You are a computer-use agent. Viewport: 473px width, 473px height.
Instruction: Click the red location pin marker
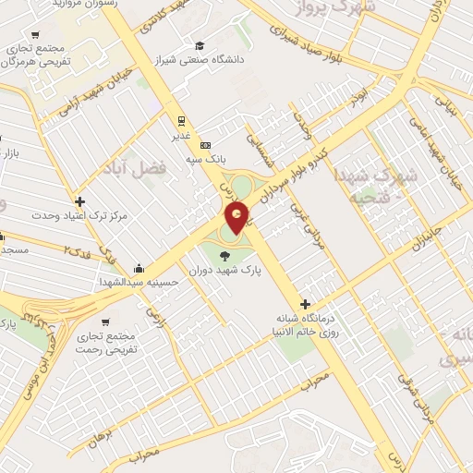[x=237, y=218]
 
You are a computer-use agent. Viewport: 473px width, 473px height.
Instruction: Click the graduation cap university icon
[x=200, y=44]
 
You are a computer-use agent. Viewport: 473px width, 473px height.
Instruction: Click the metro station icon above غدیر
[x=181, y=120]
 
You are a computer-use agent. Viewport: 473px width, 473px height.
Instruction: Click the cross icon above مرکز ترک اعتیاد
[x=80, y=201]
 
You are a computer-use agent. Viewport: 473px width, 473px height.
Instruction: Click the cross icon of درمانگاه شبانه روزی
[x=307, y=304]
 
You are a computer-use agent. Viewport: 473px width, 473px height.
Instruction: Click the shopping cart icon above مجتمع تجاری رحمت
[x=106, y=322]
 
